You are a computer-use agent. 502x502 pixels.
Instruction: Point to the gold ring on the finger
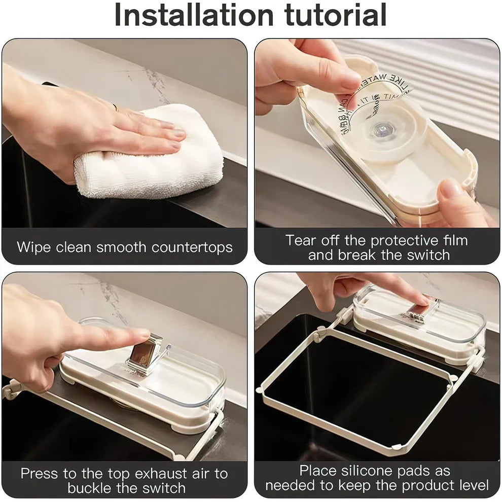click(x=115, y=107)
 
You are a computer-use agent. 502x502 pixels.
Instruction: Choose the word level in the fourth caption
click(x=472, y=485)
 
